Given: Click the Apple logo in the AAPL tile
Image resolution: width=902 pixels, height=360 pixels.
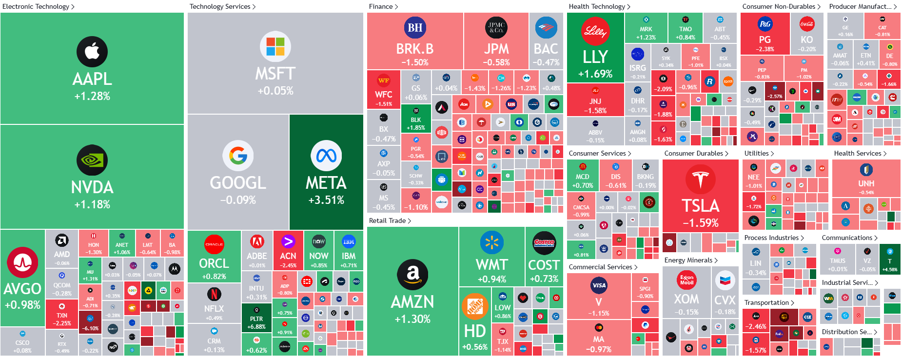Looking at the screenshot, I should (x=92, y=51).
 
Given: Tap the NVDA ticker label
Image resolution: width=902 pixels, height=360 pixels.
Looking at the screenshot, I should (x=92, y=187).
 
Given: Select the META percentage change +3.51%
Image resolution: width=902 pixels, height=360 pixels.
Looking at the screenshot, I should (x=326, y=200).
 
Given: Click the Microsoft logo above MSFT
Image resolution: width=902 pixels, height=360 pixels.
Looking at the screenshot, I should (x=275, y=47).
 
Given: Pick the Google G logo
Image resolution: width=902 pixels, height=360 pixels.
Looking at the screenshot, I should (x=238, y=156).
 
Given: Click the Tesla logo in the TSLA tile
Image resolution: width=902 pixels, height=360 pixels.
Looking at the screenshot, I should (x=700, y=179).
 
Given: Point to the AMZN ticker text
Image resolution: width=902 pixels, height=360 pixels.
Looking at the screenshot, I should (x=412, y=302).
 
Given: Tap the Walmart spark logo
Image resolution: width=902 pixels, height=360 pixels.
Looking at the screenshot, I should (x=492, y=242).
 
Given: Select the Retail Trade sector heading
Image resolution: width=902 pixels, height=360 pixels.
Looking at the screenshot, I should (x=388, y=220).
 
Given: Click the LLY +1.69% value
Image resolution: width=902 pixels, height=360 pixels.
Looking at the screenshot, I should (x=595, y=74).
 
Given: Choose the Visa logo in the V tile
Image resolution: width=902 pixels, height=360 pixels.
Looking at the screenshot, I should (x=598, y=285).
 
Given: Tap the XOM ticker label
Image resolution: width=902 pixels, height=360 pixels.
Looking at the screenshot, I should (x=686, y=299).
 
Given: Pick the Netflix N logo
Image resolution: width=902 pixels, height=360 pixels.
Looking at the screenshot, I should (x=214, y=294).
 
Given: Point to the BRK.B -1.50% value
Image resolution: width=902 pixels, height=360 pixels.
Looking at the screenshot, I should (x=415, y=62).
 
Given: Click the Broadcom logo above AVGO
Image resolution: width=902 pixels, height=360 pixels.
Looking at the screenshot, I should (x=22, y=262).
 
